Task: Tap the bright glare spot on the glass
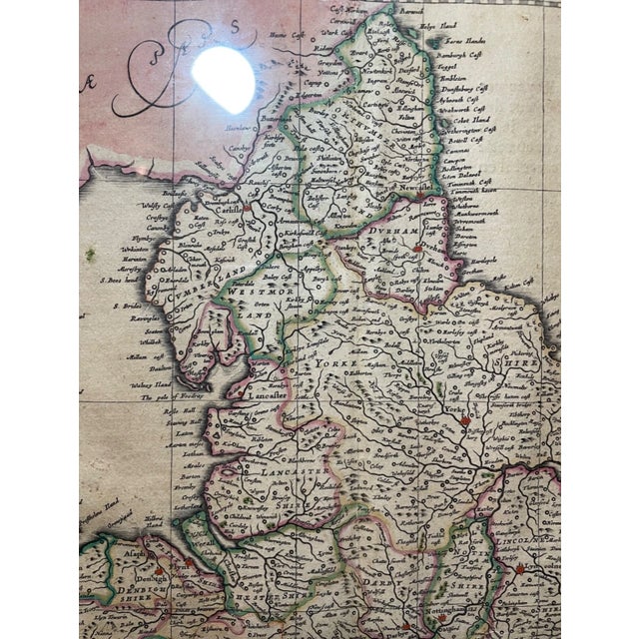point(227,75)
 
